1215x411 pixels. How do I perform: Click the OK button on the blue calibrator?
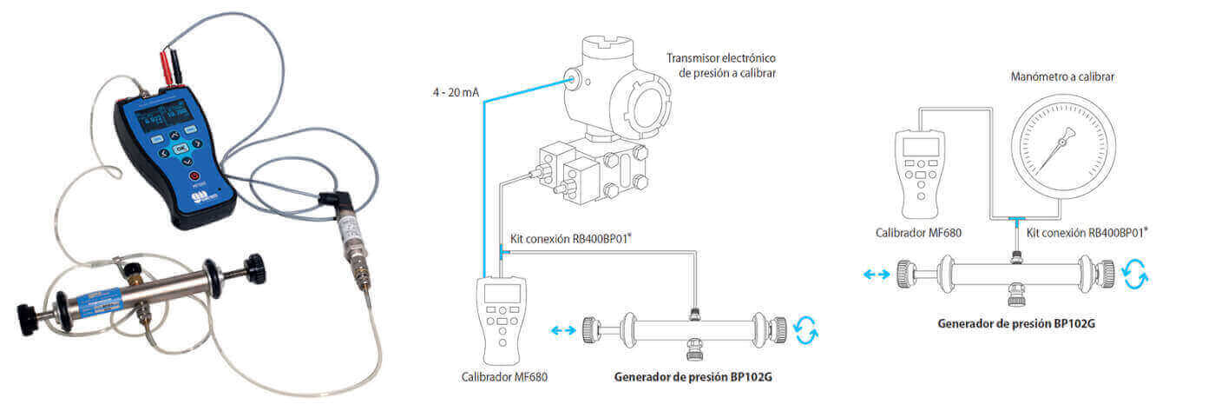click(x=181, y=149)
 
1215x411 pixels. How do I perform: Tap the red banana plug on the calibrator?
click(x=165, y=62)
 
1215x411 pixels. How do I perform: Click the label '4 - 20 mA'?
click(x=456, y=91)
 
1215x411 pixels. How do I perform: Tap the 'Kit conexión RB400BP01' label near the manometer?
click(x=1087, y=232)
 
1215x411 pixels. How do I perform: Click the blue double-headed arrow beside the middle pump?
click(x=562, y=330)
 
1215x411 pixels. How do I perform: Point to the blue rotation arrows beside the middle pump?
click(x=806, y=330)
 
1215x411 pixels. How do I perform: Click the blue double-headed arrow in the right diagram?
click(x=877, y=274)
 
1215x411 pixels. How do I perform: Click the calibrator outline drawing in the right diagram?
click(x=920, y=174)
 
